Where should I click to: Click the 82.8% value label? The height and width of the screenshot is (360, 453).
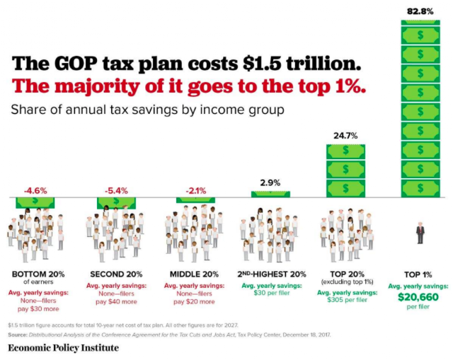click(420, 11)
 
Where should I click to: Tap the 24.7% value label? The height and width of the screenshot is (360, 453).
click(345, 136)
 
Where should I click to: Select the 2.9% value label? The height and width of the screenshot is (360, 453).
click(270, 182)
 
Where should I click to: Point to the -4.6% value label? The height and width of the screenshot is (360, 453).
click(35, 191)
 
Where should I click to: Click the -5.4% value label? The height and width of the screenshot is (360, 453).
click(116, 191)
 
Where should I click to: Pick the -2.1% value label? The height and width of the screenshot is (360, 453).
click(195, 191)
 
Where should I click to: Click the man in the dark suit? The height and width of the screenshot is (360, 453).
click(420, 233)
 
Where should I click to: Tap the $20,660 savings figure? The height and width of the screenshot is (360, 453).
click(418, 297)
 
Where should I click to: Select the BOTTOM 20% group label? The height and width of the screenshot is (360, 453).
click(38, 274)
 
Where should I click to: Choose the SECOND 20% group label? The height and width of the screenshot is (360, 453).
click(116, 274)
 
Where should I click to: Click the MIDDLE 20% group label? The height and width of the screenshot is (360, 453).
click(194, 274)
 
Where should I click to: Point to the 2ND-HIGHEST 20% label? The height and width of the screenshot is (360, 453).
click(272, 274)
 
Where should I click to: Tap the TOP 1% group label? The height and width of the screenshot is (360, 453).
click(418, 274)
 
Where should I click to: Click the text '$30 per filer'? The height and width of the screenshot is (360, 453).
click(272, 293)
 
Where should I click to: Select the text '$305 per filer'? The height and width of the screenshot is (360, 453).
click(347, 300)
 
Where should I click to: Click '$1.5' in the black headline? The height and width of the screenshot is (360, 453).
click(262, 64)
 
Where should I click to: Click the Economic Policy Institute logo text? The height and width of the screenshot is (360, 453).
click(63, 347)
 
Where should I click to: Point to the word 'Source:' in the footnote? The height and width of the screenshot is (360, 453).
click(18, 335)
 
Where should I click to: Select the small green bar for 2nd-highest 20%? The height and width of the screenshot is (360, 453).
click(270, 194)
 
